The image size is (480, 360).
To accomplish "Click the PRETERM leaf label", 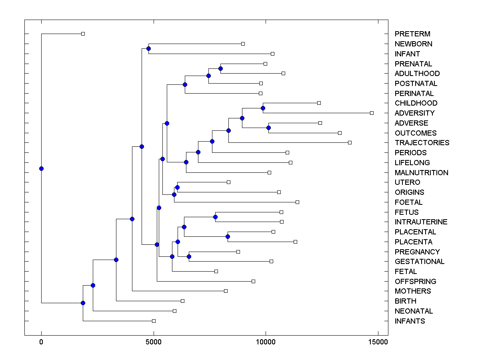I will pyautogui.click(x=412, y=34).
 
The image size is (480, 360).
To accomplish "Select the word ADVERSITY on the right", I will pyautogui.click(x=414, y=113).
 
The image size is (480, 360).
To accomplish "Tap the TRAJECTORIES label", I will pyautogui.click(x=422, y=143).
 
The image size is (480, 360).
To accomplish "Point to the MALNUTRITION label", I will pyautogui.click(x=421, y=173).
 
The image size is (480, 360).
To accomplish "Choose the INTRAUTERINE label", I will pyautogui.click(x=421, y=222).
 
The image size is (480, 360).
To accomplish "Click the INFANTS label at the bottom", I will pyautogui.click(x=410, y=321).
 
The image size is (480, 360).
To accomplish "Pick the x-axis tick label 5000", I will pyautogui.click(x=153, y=342).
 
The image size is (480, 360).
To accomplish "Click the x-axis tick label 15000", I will pyautogui.click(x=378, y=342).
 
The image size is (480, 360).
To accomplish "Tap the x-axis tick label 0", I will pyautogui.click(x=41, y=342).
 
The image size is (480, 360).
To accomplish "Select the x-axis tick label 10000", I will pyautogui.click(x=266, y=342).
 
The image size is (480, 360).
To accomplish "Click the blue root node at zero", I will pyautogui.click(x=41, y=168).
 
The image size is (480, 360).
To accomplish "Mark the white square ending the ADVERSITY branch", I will pyautogui.click(x=372, y=113).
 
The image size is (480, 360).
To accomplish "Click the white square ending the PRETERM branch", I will pyautogui.click(x=83, y=34).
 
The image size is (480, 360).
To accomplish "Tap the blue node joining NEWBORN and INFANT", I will pyautogui.click(x=148, y=48).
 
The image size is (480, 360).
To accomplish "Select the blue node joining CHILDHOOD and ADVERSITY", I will pyautogui.click(x=263, y=108).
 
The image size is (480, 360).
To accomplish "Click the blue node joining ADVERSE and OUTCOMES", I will pyautogui.click(x=268, y=128).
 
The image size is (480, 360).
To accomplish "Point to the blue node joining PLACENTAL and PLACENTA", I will pyautogui.click(x=228, y=236).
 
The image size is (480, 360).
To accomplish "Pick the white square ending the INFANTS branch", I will pyautogui.click(x=154, y=321).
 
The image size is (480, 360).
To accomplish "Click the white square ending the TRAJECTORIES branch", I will pyautogui.click(x=350, y=142).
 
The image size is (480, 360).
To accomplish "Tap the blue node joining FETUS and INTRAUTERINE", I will pyautogui.click(x=215, y=217).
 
